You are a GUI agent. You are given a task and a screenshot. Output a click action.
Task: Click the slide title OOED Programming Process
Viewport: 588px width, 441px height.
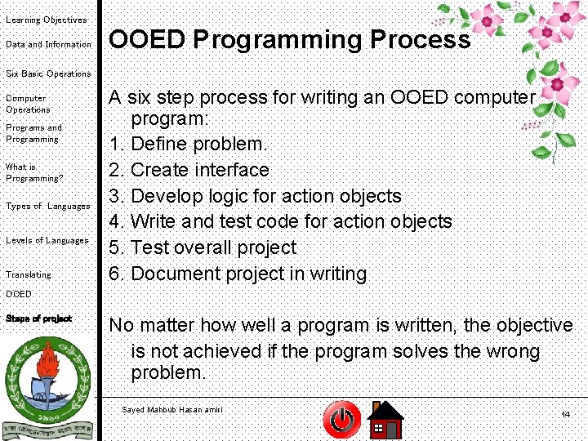point(290,40)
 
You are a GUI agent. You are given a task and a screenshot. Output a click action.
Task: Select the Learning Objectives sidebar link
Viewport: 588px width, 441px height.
point(46,20)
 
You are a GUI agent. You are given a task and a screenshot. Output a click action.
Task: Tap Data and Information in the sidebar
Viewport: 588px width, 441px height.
point(48,44)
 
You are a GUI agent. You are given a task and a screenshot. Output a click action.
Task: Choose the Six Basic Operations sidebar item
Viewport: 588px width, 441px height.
point(48,73)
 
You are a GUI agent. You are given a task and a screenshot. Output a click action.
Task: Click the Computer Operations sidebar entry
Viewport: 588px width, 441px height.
point(28,104)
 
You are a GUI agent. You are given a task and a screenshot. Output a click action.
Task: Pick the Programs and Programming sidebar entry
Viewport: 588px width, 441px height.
point(33,133)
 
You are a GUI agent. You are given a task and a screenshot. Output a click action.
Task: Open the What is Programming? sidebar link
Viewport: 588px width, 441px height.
point(33,172)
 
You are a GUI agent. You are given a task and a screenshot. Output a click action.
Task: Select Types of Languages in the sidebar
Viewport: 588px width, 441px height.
point(47,207)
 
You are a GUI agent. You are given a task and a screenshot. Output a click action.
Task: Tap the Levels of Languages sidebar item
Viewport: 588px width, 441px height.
point(47,241)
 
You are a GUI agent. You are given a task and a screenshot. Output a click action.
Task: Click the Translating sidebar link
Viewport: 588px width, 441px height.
point(28,275)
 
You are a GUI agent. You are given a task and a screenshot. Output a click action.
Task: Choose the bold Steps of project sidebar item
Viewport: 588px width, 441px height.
point(38,318)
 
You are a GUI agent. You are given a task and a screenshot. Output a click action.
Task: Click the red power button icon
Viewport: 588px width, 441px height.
point(341,420)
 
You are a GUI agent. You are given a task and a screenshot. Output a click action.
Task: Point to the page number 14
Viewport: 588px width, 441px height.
point(565,415)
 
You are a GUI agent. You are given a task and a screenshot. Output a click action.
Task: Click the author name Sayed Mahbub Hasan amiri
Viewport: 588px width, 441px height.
point(171,409)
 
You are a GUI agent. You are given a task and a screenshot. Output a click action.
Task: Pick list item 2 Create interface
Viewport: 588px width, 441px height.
point(189,170)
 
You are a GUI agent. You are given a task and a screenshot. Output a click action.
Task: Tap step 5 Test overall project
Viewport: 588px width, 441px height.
point(203,247)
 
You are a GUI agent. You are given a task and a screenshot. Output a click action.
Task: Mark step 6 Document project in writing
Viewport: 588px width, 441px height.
point(238,274)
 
